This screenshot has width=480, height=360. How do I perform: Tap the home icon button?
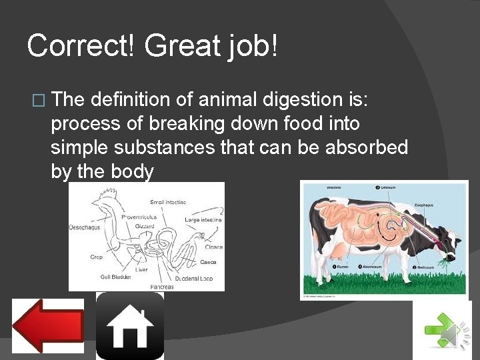130,326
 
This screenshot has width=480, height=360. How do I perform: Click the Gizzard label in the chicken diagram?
145,227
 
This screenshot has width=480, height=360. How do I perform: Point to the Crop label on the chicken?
96,256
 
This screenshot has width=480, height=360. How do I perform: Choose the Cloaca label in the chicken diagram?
213,247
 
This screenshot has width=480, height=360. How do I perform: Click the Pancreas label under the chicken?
162,286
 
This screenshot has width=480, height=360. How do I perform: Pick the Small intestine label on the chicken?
168,201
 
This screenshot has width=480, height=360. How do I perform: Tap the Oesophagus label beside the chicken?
85,227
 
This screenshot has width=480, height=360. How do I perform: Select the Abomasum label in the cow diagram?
371,266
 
